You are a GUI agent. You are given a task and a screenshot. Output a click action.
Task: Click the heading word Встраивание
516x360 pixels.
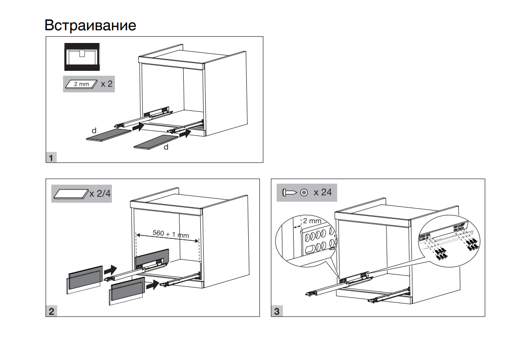pos(90,25)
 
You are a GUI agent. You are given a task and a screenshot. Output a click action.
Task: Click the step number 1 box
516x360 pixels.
pos(51,158)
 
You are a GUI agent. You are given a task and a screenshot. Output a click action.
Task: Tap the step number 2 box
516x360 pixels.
pos(51,311)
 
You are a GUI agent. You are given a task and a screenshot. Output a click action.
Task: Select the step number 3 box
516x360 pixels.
pos(277,311)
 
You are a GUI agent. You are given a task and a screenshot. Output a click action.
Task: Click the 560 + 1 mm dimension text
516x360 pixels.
pos(171,233)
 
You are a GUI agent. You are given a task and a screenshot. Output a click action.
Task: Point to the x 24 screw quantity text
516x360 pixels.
pos(322,192)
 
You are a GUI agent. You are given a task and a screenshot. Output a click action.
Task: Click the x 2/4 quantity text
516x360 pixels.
pos(100,193)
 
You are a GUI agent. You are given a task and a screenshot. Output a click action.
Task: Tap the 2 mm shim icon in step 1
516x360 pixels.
pos(82,84)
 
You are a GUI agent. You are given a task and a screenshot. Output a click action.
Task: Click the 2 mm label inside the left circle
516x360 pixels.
pos(312,221)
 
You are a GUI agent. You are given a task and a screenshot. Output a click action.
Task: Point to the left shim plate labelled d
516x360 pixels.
pos(108,135)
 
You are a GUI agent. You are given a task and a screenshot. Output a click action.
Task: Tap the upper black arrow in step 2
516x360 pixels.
pos(111,269)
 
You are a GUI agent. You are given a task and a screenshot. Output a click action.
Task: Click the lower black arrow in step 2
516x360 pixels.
pos(153,284)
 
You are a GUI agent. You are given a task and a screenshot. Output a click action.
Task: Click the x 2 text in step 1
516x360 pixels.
pos(107,84)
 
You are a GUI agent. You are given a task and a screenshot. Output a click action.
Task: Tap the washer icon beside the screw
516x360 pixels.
pos(304,193)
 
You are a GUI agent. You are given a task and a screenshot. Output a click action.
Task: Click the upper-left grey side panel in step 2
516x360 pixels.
pos(85,277)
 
